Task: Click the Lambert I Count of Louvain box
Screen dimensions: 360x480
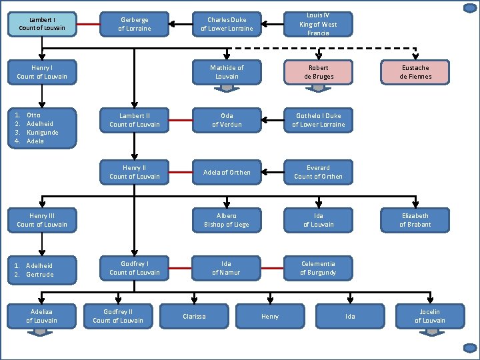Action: (x=42, y=24)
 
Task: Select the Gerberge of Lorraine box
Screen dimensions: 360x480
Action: (x=134, y=25)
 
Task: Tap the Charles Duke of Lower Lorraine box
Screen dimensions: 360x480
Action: (x=227, y=25)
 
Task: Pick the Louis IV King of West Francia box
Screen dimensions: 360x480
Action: (x=318, y=24)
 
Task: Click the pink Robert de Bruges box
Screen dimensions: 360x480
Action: (x=318, y=72)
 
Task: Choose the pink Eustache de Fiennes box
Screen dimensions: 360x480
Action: (x=415, y=72)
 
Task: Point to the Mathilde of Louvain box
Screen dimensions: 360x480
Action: (x=227, y=71)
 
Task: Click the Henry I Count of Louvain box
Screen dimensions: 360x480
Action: (x=42, y=72)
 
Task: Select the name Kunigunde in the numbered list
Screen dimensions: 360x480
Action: (x=42, y=132)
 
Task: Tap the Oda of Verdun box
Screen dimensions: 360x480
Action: (x=227, y=120)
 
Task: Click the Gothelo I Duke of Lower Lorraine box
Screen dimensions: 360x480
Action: (x=318, y=120)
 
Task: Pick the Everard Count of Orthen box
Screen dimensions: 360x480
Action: (x=318, y=172)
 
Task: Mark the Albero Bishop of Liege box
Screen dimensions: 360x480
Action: (x=227, y=220)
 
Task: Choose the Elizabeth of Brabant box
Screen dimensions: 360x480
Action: (x=415, y=220)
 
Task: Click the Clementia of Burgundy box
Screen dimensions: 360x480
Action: (x=318, y=268)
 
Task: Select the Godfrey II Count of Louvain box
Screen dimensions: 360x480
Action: (x=118, y=316)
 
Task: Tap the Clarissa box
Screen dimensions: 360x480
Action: (x=194, y=316)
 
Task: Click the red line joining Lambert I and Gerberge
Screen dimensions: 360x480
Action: (x=88, y=25)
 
